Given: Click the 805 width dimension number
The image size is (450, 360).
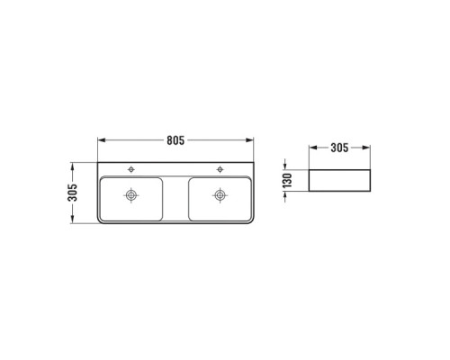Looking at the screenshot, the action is (x=175, y=140).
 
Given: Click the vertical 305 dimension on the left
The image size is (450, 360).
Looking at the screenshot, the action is (x=72, y=193).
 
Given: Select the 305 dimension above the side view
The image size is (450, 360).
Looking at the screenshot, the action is (x=339, y=148).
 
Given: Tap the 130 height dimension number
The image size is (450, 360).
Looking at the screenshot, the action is (x=287, y=180).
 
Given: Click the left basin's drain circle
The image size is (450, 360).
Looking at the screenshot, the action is (x=131, y=195).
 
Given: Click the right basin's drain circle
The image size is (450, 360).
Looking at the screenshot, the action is (x=220, y=195).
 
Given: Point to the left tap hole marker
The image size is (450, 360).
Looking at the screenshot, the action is (x=131, y=169).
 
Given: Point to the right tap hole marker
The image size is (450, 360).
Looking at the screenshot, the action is (x=220, y=169).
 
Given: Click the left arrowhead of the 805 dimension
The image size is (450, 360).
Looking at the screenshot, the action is (x=102, y=140).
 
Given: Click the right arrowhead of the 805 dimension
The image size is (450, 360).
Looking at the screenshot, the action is (x=249, y=140).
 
